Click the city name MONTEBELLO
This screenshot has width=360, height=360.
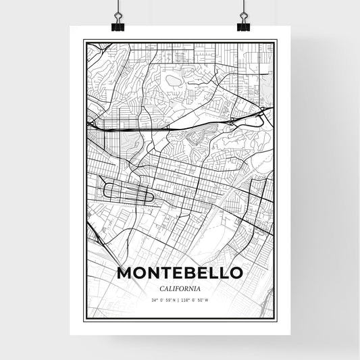pos(180,273)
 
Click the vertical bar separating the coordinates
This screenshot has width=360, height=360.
pos(180,299)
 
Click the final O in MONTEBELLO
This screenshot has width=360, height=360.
pos(236,273)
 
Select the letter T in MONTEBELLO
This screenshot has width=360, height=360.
pos(167,273)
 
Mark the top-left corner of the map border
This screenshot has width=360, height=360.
pos(84,41)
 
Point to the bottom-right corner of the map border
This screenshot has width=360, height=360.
pos(276,319)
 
